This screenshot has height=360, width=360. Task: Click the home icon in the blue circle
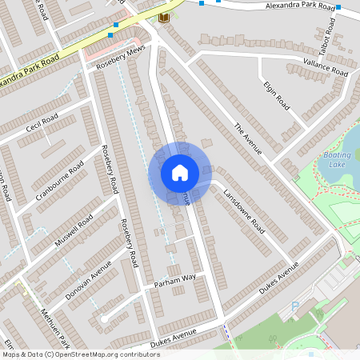[x=179, y=173]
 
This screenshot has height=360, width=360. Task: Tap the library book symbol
[x=164, y=18]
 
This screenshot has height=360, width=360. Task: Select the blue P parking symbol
[x=295, y=306]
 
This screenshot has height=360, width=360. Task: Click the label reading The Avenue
[x=248, y=138]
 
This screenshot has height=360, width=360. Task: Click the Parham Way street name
[x=175, y=278]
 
